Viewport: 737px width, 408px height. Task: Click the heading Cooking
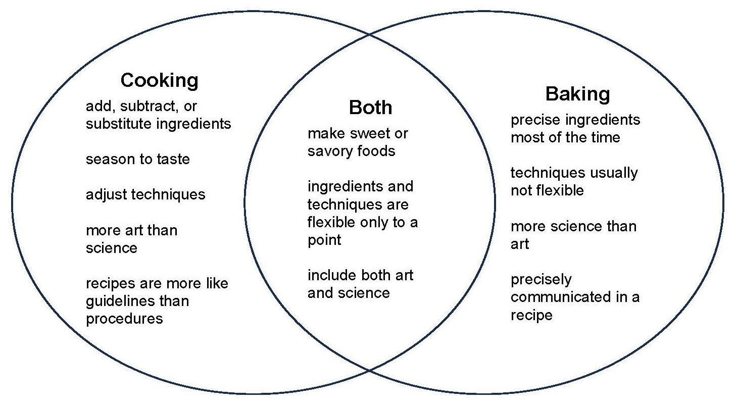(x=159, y=80)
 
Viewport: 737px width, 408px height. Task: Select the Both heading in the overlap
(x=370, y=107)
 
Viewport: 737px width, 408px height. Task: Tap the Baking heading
(x=577, y=94)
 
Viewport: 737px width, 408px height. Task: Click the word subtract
(x=144, y=107)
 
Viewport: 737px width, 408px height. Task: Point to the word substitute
(x=119, y=124)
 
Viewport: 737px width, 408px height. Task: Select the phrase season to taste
(x=137, y=160)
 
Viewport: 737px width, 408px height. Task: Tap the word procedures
(x=124, y=319)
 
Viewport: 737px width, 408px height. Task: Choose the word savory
(x=328, y=151)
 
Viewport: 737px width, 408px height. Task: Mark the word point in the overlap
(x=324, y=240)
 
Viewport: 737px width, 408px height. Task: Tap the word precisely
(x=541, y=279)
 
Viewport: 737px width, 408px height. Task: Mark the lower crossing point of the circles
(x=370, y=371)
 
